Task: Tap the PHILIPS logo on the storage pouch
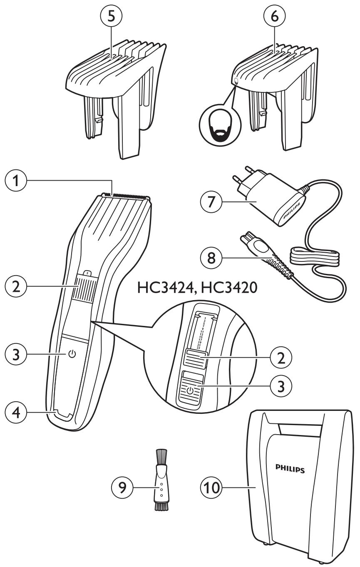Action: [290, 470]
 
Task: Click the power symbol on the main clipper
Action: [73, 354]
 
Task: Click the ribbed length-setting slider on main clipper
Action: [83, 288]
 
